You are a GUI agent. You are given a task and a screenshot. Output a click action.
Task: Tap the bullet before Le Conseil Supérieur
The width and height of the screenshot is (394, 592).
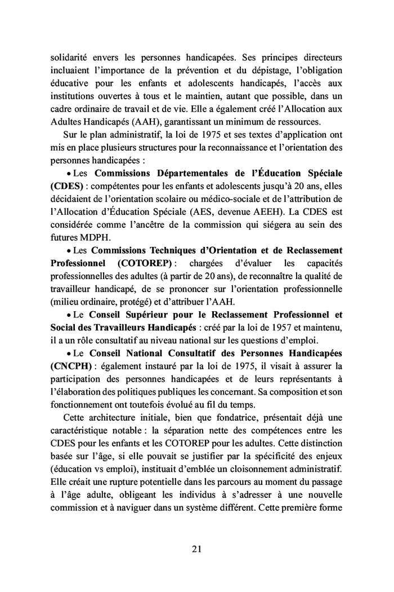[x=69, y=315]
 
